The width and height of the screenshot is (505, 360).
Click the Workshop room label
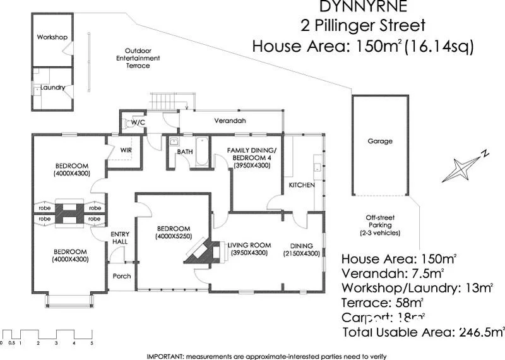coord(52,37)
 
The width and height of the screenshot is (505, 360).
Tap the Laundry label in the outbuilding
coord(49,87)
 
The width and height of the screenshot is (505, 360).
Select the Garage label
coord(380,141)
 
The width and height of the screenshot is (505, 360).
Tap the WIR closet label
coord(126,150)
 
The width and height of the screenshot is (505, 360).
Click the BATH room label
coord(184,152)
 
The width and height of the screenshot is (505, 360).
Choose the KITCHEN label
coord(301,185)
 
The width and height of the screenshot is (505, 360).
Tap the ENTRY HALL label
coord(120,237)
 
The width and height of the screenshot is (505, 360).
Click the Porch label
coord(122,276)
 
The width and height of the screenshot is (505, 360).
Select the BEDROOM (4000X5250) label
coord(174,232)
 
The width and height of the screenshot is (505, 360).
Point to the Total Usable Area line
coord(424,332)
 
